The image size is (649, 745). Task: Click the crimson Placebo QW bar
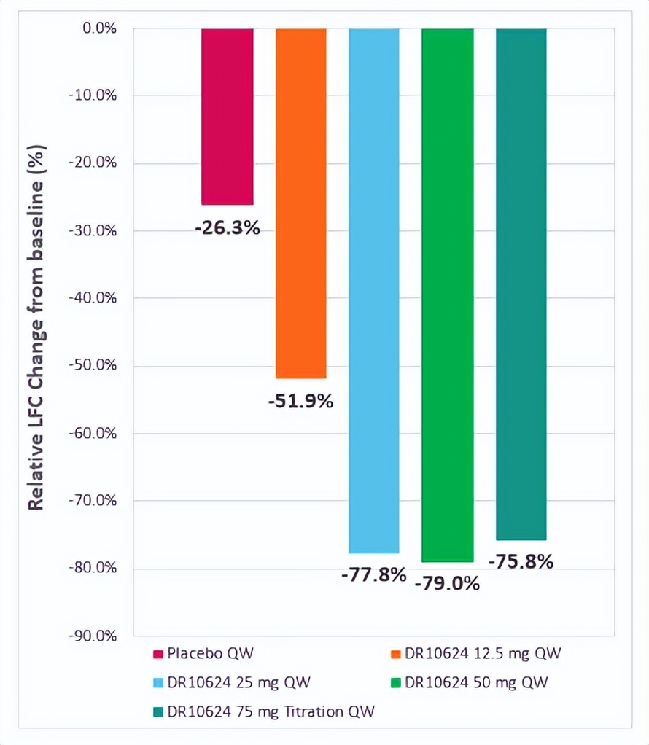[x=228, y=117]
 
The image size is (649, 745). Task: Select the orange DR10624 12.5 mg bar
[x=301, y=203]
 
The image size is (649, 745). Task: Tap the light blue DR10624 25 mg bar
[x=374, y=291]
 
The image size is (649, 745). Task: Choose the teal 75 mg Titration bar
[x=521, y=284]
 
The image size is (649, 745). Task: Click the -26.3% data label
[x=227, y=228]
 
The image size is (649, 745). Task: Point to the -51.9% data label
[x=300, y=401]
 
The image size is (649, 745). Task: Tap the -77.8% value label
[x=373, y=575]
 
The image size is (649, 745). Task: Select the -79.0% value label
[x=448, y=584]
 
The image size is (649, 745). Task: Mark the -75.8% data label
[x=521, y=562]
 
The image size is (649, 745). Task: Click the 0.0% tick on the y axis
[x=98, y=28]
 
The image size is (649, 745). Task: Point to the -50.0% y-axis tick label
[x=93, y=366]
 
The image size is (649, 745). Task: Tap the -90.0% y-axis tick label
[x=93, y=636]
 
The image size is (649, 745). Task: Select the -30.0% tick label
[x=93, y=231]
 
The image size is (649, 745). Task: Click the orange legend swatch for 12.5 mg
[x=396, y=654]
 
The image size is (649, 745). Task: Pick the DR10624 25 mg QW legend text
[x=238, y=683]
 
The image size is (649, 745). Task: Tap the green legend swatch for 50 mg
[x=396, y=683]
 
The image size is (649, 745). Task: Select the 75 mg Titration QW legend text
[x=271, y=711]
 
